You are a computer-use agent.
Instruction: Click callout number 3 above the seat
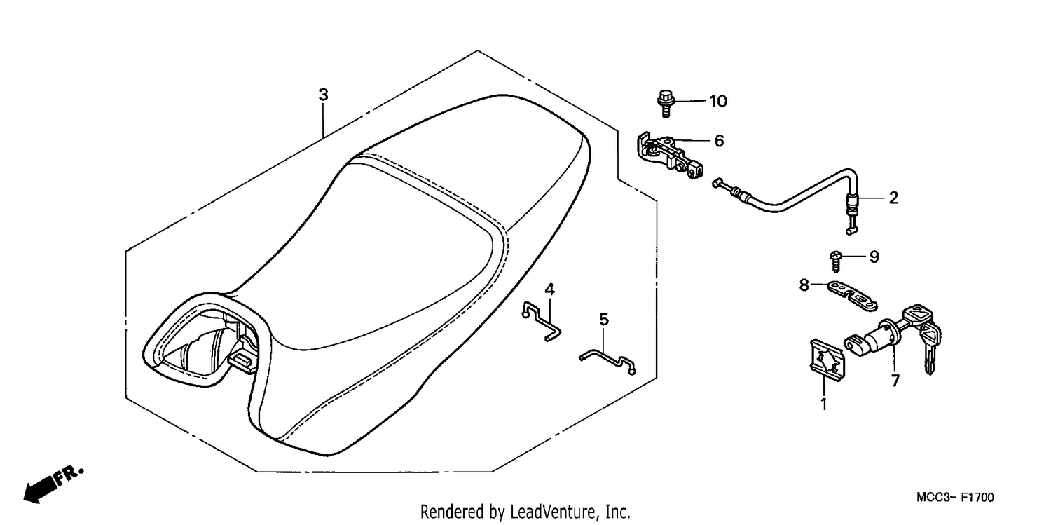(323, 95)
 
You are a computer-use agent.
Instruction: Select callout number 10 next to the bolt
(718, 101)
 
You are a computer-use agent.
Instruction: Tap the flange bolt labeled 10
(665, 103)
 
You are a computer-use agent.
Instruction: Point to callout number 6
(719, 141)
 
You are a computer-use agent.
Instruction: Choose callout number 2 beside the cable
(893, 198)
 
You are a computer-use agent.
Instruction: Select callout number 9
(874, 257)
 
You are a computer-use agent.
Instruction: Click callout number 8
(804, 285)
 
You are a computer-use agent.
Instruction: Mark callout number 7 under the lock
(895, 381)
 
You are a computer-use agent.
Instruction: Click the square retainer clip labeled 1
(827, 360)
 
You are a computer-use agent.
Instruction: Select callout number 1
(824, 404)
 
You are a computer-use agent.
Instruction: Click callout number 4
(549, 289)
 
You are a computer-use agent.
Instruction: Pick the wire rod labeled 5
(607, 362)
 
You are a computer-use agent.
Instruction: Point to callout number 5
(604, 320)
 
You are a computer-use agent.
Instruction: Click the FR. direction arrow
(53, 484)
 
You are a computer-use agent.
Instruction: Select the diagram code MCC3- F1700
(955, 498)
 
